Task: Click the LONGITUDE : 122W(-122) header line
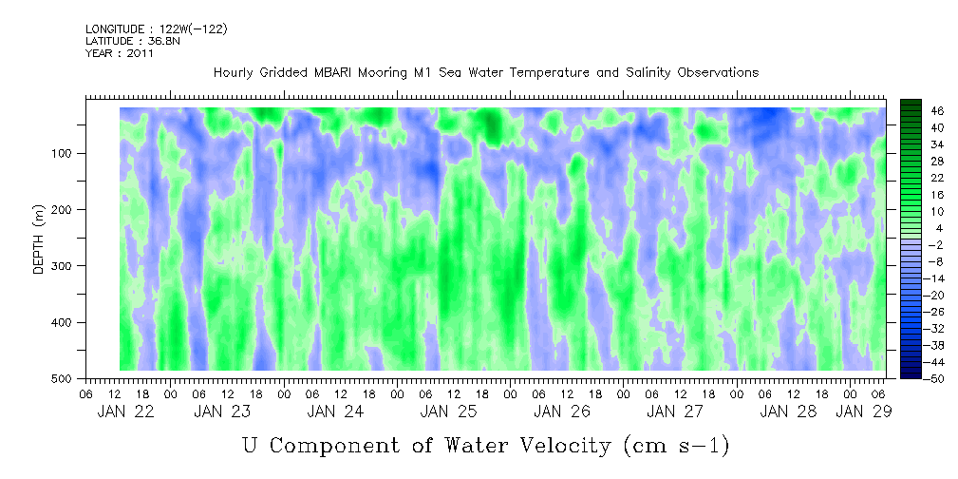(x=156, y=29)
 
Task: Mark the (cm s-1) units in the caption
(x=675, y=445)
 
